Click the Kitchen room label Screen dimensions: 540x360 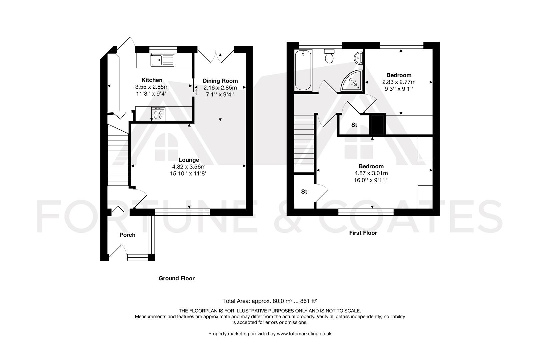[152, 80]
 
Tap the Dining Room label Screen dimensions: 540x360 [220, 81]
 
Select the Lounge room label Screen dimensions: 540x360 [189, 160]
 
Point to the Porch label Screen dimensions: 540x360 [127, 235]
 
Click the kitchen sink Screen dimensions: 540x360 [162, 60]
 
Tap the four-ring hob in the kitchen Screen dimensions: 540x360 [158, 114]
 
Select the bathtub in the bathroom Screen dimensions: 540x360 [303, 70]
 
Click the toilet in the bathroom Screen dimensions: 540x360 [329, 56]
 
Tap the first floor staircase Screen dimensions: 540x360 [304, 144]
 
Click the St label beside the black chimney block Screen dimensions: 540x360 [354, 125]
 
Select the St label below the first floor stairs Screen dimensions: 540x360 [304, 192]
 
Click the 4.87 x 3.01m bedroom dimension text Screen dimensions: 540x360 [371, 173]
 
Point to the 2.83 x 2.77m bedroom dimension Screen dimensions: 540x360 [399, 82]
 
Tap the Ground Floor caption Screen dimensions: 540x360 [176, 278]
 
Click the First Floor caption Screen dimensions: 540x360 [363, 233]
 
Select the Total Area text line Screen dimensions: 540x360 [270, 301]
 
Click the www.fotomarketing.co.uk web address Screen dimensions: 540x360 [304, 334]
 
